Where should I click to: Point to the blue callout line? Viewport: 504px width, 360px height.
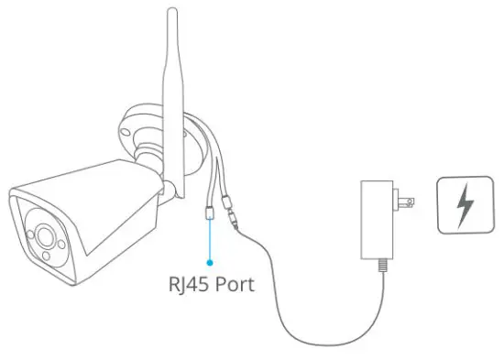[x=211, y=240]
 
